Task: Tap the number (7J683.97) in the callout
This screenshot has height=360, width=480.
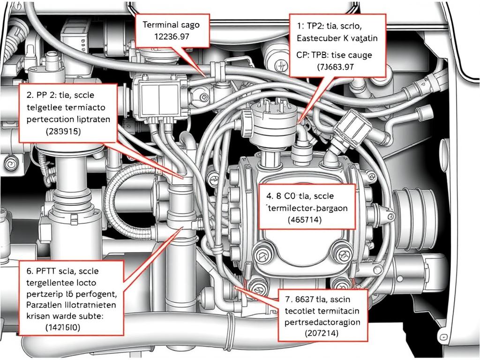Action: tap(336, 67)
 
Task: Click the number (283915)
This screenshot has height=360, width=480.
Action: tap(63, 132)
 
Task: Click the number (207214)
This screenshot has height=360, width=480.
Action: tap(322, 333)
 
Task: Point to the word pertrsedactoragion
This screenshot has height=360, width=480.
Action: tap(322, 322)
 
